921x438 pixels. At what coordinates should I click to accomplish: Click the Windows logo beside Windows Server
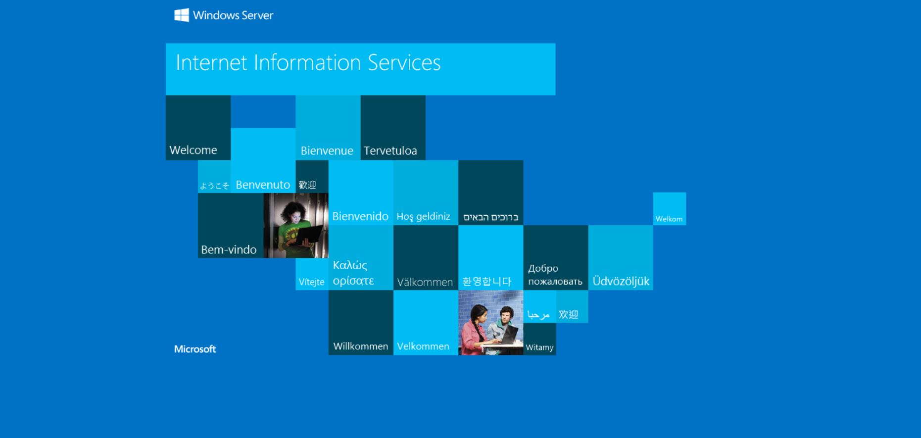click(182, 15)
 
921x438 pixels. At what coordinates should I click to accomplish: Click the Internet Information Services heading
click(308, 63)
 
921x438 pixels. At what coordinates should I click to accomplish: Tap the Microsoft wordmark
click(195, 349)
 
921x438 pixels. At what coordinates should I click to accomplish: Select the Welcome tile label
click(193, 150)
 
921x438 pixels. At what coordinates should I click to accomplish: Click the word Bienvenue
click(327, 150)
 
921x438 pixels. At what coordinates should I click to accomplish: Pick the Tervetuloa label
click(390, 150)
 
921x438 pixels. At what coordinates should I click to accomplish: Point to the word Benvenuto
click(263, 185)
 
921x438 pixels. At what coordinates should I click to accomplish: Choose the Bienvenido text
click(360, 216)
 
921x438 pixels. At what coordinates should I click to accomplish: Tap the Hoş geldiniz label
click(423, 217)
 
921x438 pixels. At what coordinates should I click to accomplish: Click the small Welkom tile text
click(669, 219)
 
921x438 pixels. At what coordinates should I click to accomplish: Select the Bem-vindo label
click(229, 249)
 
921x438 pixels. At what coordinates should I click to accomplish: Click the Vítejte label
click(311, 282)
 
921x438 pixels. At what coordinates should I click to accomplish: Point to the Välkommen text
click(425, 282)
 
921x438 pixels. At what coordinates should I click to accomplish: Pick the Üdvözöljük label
click(621, 281)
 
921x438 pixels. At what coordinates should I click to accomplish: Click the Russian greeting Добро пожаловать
click(555, 275)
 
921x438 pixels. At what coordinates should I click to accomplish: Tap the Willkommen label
click(360, 346)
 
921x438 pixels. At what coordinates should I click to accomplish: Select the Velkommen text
click(423, 346)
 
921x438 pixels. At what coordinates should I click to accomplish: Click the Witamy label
click(539, 347)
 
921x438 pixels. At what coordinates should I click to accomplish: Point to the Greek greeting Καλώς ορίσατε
click(353, 273)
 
